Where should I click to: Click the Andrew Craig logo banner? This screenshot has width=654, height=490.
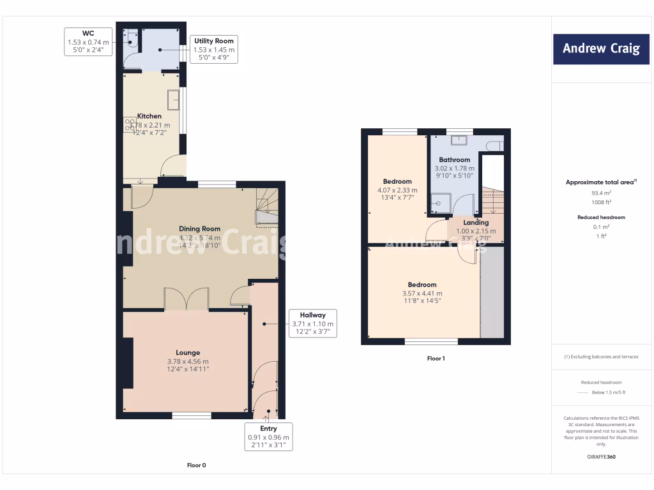(601, 48)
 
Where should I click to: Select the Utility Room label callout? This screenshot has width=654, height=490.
(214, 49)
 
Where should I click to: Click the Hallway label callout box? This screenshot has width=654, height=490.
(312, 323)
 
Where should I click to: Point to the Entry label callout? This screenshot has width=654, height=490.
(268, 437)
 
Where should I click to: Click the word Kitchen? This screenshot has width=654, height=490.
(149, 116)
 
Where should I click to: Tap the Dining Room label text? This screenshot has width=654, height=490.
(199, 228)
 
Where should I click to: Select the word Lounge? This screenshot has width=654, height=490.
(188, 352)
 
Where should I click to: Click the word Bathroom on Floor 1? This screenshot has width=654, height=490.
(454, 160)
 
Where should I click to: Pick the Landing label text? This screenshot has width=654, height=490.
(476, 223)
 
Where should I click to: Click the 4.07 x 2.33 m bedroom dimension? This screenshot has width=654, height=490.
(397, 190)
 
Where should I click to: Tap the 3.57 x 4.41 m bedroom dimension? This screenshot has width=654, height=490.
(422, 293)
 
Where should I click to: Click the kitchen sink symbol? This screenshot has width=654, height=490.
(173, 101)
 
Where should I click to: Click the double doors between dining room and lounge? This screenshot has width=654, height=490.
(186, 299)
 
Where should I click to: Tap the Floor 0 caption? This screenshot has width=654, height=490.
(196, 465)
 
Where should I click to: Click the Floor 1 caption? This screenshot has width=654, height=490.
(436, 359)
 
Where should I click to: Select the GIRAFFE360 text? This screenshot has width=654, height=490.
(601, 457)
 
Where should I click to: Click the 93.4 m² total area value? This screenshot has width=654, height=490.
(601, 192)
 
